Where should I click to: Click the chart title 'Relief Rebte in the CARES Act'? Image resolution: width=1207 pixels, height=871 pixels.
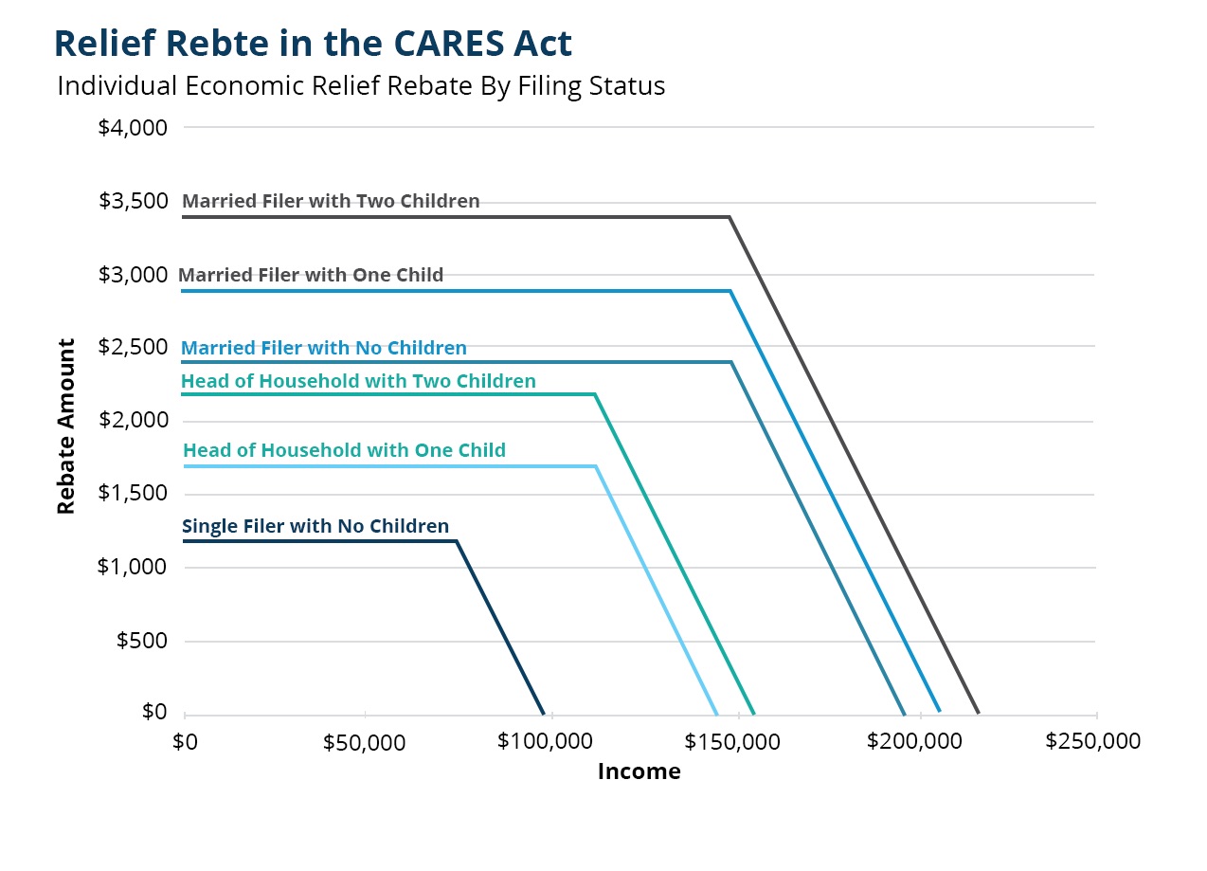(313, 44)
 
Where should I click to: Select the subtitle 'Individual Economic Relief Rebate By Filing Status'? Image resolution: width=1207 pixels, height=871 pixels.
(361, 86)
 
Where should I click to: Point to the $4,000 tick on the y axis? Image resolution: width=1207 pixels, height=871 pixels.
(133, 127)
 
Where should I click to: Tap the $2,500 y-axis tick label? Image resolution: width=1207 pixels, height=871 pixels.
(133, 347)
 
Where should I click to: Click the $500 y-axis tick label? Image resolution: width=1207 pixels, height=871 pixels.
(141, 641)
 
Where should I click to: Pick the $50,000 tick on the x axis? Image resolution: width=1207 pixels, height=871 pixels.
(364, 743)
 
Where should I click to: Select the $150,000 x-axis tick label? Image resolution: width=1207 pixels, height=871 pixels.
(733, 742)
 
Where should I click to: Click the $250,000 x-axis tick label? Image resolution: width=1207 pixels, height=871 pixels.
(1092, 741)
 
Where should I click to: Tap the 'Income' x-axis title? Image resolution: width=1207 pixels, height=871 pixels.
(639, 771)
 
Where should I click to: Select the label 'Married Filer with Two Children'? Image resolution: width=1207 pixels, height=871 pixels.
(331, 201)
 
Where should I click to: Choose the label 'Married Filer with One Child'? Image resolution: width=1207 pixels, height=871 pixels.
(311, 275)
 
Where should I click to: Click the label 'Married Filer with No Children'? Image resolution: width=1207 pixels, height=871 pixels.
(324, 348)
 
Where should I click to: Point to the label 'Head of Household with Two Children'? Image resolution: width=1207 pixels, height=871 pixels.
(358, 381)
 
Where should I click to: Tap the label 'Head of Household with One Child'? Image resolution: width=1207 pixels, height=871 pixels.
(344, 450)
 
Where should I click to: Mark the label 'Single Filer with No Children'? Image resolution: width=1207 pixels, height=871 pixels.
(315, 526)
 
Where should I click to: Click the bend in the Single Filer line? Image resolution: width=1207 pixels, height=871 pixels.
(457, 541)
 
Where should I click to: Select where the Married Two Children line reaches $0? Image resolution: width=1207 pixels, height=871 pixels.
(978, 713)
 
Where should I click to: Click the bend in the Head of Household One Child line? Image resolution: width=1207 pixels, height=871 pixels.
(596, 466)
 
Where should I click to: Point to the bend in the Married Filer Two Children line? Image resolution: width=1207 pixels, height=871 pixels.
(729, 217)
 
